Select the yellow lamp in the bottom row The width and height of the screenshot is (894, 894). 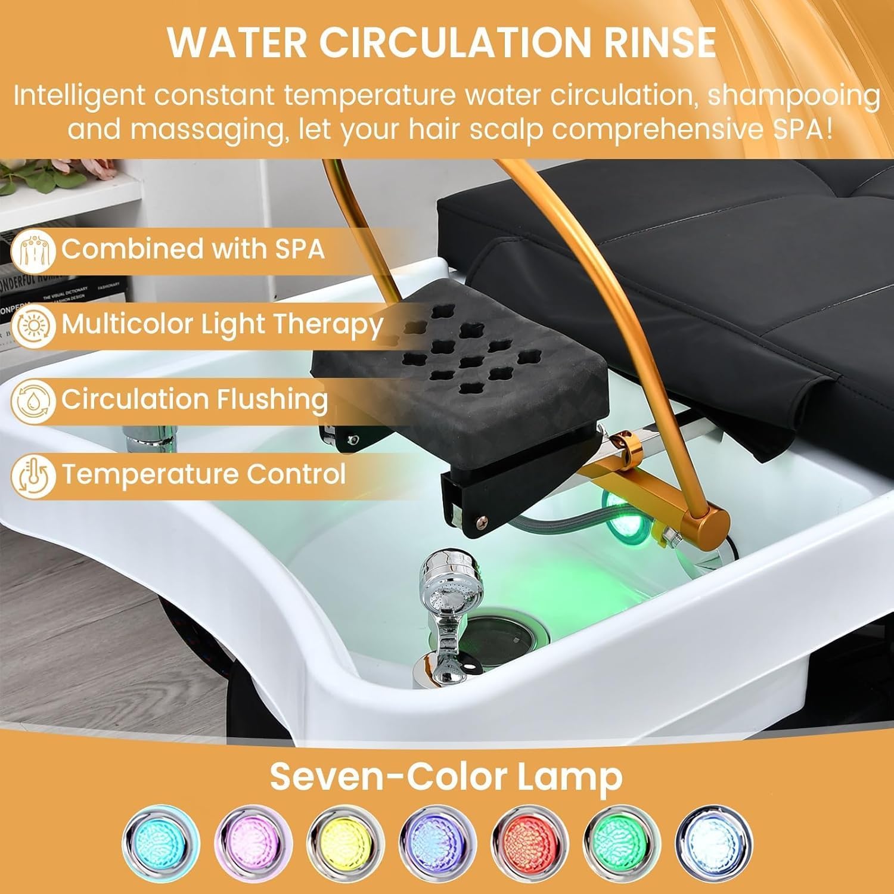coord(346,843)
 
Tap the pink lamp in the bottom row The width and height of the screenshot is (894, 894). coord(253,843)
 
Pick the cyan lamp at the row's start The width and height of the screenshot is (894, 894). coord(160,843)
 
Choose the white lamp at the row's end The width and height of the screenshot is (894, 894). coord(714,843)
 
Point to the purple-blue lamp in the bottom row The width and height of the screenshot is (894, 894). coord(438,843)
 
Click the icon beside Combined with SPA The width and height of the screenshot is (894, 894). coord(33,250)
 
